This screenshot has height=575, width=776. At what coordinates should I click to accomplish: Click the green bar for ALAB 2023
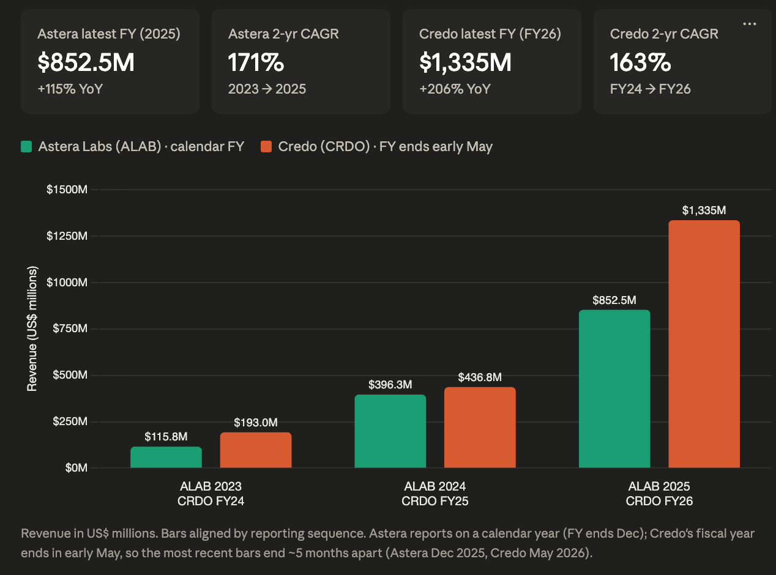click(166, 457)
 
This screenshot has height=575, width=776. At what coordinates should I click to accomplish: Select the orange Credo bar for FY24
click(256, 450)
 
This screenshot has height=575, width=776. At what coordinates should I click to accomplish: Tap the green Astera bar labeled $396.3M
click(390, 431)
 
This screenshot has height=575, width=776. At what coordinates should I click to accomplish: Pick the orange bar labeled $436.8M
click(480, 428)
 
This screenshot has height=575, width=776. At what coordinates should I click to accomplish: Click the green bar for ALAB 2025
click(614, 388)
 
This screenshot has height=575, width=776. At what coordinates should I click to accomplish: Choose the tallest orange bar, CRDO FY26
click(704, 344)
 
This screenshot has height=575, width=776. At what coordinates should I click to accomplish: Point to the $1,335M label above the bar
click(704, 210)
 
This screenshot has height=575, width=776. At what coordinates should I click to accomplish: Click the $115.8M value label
click(166, 437)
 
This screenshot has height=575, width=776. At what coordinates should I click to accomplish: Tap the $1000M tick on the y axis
click(67, 282)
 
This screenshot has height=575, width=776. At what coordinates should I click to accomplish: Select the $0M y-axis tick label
click(76, 467)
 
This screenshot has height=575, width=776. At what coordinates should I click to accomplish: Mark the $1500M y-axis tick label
click(67, 190)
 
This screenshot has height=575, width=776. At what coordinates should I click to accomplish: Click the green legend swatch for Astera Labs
click(26, 147)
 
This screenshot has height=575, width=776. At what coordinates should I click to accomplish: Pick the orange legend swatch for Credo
click(266, 147)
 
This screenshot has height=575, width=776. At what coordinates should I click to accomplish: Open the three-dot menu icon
click(750, 24)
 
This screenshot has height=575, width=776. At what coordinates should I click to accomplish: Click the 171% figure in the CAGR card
click(256, 62)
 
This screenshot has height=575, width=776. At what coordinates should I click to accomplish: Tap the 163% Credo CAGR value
click(640, 62)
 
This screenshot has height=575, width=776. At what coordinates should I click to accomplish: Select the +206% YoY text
click(455, 89)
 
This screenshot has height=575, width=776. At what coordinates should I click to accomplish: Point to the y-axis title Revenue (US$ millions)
click(32, 328)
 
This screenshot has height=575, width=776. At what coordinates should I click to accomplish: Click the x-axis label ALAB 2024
click(435, 486)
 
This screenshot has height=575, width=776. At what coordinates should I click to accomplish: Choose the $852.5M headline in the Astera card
click(86, 62)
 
